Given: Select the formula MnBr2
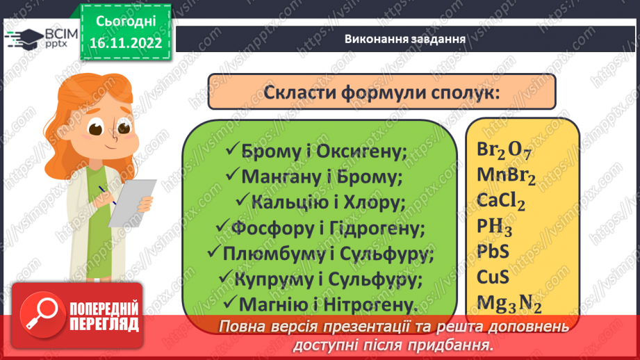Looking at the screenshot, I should (507, 176).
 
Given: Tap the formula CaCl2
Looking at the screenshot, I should (501, 202).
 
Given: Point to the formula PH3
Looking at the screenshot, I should (494, 227).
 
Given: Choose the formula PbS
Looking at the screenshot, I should (493, 252).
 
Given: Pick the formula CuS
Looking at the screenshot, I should (493, 277).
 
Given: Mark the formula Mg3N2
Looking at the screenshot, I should (509, 303).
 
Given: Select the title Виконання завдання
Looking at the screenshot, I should (405, 38).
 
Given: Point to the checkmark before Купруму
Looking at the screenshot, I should (225, 278).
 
